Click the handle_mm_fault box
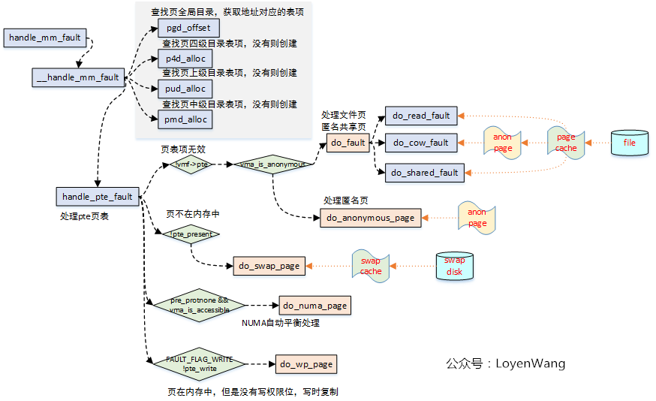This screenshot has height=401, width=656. [44, 38]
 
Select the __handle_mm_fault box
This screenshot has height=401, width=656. [78, 77]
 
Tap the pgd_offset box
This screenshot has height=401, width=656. [188, 29]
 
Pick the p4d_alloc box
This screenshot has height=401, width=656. [185, 59]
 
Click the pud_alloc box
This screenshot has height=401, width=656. [185, 89]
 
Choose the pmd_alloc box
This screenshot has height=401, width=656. [185, 119]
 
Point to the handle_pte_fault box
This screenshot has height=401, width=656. [98, 197]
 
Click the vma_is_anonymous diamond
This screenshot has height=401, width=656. [271, 164]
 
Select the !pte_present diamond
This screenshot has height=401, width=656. [191, 234]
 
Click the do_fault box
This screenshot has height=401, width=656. [348, 142]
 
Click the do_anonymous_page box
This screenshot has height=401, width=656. [371, 218]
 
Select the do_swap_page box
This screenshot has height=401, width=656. [269, 266]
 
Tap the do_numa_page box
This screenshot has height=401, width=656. [314, 306]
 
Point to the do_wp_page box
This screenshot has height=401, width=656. [305, 364]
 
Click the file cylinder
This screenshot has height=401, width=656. [628, 142]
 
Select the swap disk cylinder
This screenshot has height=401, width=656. [454, 266]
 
